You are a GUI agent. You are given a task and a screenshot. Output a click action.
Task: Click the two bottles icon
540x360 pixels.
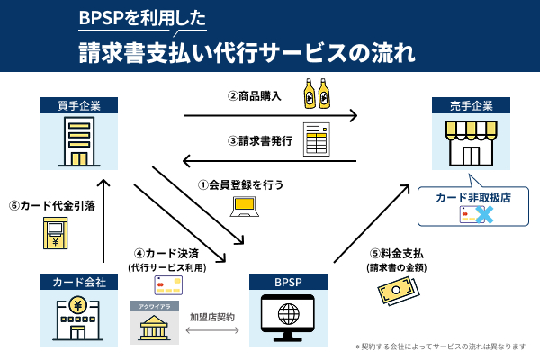click(316, 92)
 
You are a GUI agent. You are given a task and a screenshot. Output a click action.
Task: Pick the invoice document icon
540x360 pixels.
click(316, 139)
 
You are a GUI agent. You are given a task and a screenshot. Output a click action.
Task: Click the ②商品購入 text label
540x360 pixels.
click(256, 95)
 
